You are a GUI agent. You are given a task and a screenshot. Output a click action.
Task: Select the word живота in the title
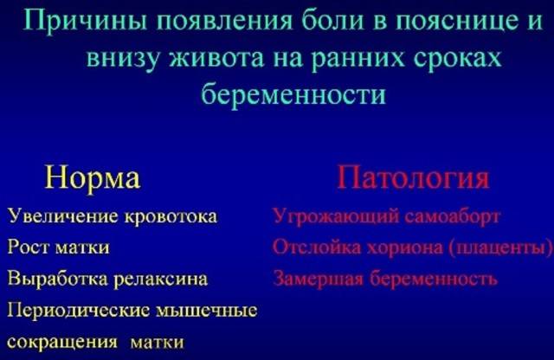point(217,58)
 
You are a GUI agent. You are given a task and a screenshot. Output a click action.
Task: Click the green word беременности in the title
point(293,94)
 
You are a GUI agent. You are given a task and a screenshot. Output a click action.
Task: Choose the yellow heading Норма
point(93,177)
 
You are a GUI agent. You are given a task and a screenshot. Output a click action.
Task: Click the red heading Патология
point(413,177)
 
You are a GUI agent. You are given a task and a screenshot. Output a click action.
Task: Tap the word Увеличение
point(62,215)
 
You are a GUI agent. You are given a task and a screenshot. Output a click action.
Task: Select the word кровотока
point(171,216)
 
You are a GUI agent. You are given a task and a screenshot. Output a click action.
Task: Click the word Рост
point(29,247)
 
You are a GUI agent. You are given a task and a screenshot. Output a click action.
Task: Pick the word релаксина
point(161,280)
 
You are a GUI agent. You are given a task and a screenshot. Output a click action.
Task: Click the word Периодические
point(78,311)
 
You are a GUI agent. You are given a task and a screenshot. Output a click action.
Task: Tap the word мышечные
point(206,311)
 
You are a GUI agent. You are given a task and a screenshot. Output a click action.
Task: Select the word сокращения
point(62,343)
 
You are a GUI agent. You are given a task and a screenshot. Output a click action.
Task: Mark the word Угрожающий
point(336,216)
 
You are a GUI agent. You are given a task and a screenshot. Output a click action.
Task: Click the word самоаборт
point(452,216)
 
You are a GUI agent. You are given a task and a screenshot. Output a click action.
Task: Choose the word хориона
point(405,247)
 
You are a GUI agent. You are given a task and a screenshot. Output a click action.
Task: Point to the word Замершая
point(319,279)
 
